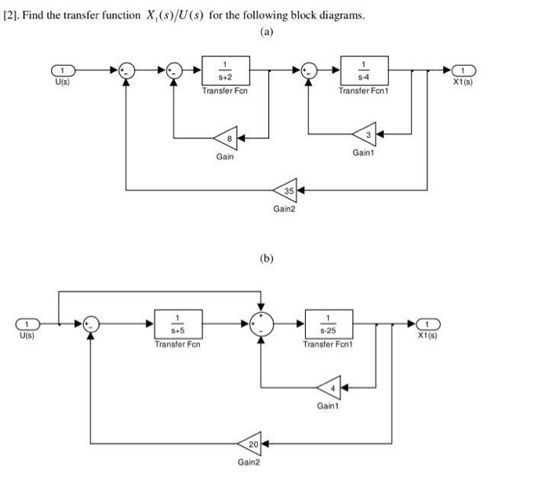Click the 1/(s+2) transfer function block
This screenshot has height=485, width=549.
click(x=226, y=70)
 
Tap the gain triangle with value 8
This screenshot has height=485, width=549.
click(x=224, y=139)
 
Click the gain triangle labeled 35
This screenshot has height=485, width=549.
click(x=287, y=190)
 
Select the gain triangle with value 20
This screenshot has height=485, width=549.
click(x=251, y=444)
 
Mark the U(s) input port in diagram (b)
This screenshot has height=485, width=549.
click(x=28, y=323)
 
